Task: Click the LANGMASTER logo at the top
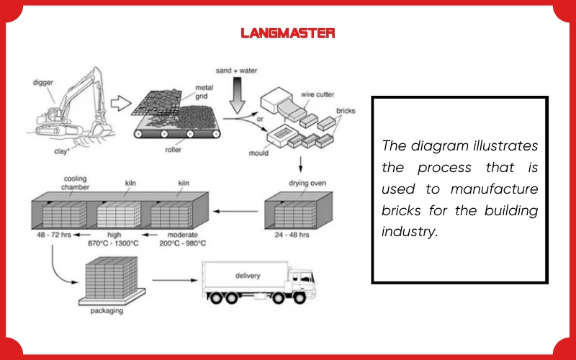[x=287, y=33]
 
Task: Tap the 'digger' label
[x=43, y=82]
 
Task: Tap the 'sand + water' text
[x=238, y=71]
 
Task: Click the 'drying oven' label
[x=308, y=183]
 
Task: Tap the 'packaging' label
[x=107, y=311]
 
